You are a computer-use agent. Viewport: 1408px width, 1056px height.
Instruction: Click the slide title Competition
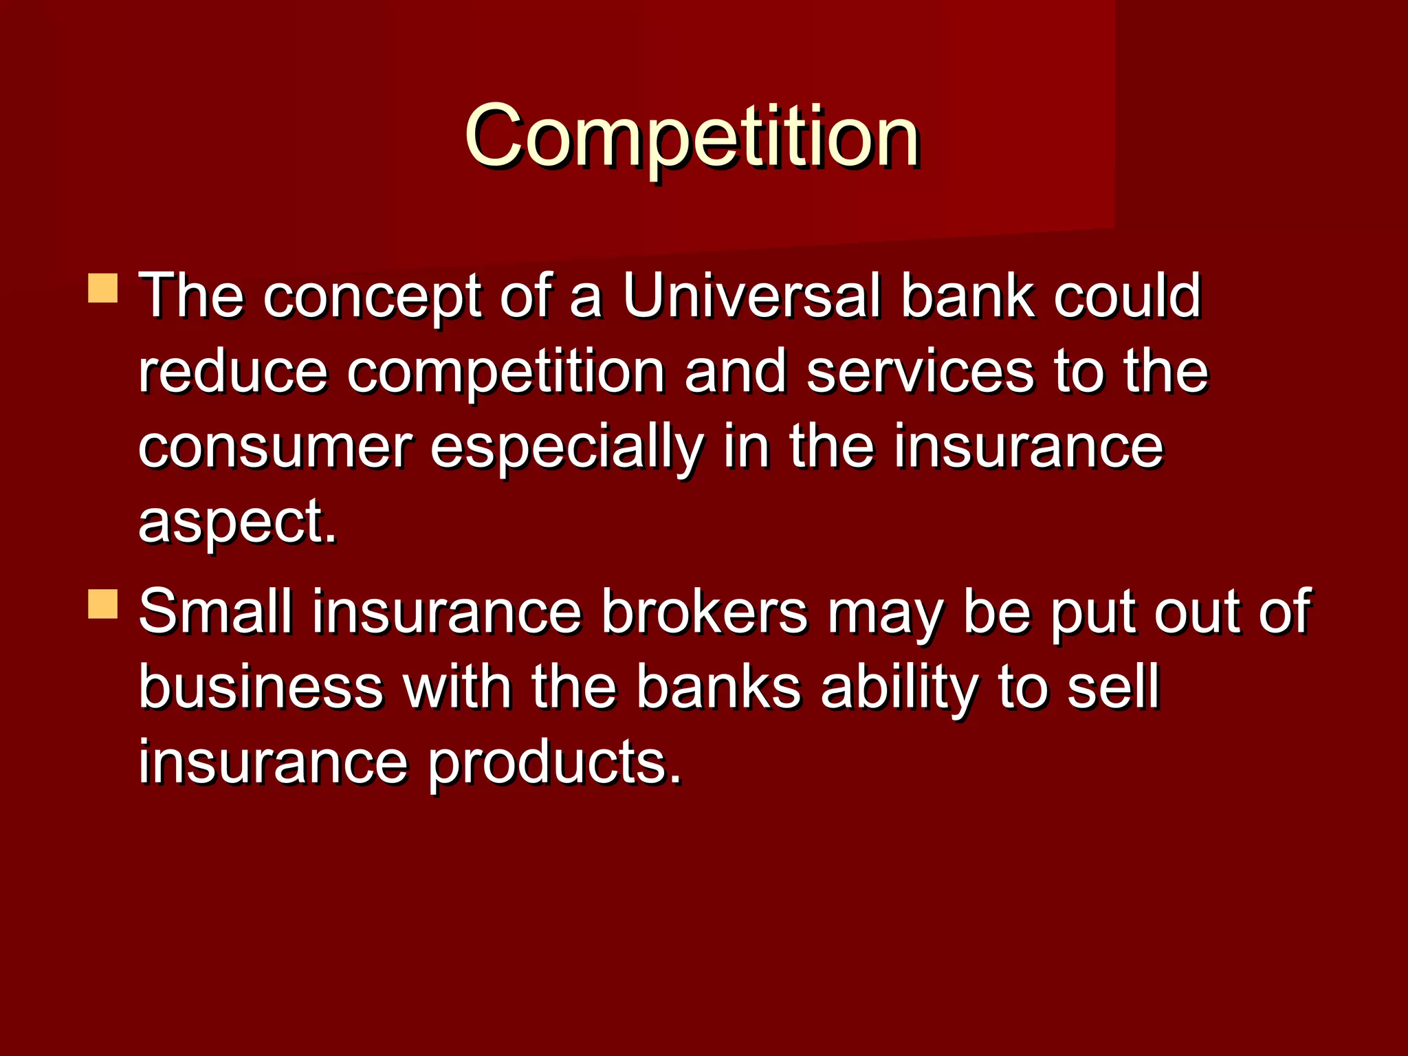(x=692, y=136)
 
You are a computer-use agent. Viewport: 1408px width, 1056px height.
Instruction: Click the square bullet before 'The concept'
(x=103, y=289)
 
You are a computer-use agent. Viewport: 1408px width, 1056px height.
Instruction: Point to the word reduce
(x=232, y=371)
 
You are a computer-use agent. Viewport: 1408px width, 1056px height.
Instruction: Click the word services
(x=920, y=371)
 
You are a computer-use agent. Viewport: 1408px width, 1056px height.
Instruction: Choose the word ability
(x=899, y=687)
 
